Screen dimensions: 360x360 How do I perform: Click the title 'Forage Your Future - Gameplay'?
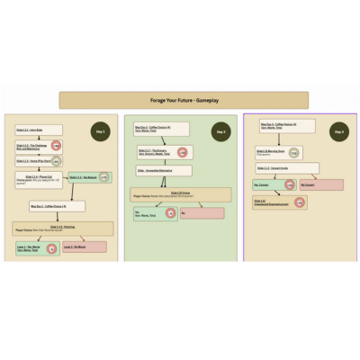click(184, 100)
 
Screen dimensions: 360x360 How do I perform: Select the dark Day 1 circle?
click(100, 131)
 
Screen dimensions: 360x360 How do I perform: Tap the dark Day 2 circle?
click(220, 131)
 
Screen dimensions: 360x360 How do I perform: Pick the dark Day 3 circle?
click(338, 131)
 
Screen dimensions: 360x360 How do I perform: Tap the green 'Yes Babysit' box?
click(87, 177)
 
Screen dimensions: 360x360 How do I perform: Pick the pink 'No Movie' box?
click(85, 246)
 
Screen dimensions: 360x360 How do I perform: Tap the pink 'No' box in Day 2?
click(203, 213)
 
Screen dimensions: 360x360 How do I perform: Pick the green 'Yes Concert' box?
click(270, 184)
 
